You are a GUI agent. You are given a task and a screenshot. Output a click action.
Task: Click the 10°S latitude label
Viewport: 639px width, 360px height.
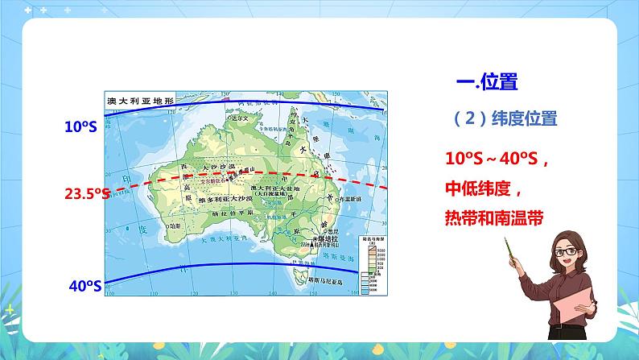pos(81,126)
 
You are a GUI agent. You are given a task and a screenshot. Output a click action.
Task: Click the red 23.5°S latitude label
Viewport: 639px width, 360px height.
pos(86,194)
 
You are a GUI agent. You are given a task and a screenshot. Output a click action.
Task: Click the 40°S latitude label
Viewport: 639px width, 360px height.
pos(83,284)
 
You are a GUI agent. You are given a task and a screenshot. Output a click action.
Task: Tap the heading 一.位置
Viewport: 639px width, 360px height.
pos(486,82)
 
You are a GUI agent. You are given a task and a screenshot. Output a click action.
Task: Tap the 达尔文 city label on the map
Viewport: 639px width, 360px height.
pos(241,118)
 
